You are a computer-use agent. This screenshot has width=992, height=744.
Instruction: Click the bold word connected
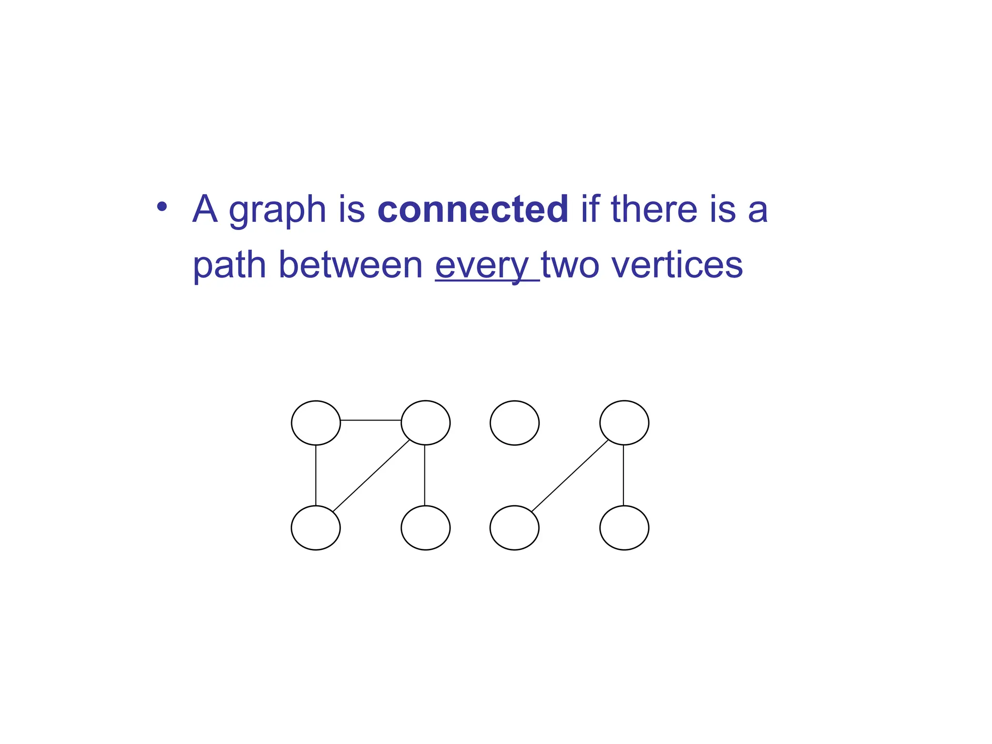point(472,209)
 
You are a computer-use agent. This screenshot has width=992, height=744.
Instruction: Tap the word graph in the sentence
point(277,211)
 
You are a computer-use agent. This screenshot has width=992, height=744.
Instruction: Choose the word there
point(653,209)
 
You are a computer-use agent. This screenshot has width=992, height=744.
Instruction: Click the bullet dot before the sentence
point(162,207)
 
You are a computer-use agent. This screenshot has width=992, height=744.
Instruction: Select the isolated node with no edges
point(514,422)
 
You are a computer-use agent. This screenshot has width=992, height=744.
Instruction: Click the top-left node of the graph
point(316,422)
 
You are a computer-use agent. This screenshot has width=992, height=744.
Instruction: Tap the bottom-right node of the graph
point(624,527)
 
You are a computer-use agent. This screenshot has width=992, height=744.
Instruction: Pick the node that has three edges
point(425,422)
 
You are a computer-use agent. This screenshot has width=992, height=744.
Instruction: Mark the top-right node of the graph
point(624,422)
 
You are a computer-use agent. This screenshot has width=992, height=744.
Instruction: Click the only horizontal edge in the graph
point(371,420)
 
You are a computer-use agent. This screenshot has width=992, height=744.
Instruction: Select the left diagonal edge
point(371,476)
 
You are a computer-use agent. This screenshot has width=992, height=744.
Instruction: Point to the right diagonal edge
point(570,476)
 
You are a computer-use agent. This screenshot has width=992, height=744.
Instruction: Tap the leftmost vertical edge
point(316,475)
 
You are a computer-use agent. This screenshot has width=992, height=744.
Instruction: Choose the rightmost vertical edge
point(623,475)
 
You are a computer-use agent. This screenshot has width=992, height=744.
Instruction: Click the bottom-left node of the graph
point(316,527)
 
